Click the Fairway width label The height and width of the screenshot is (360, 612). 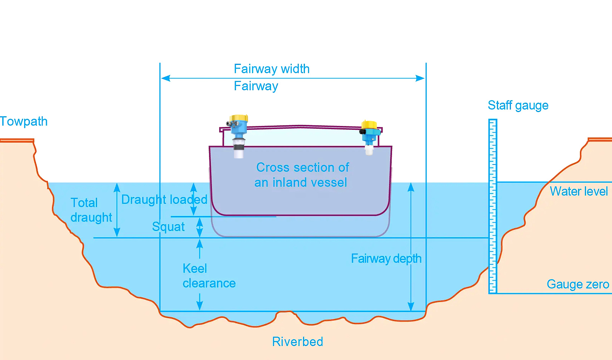(272, 69)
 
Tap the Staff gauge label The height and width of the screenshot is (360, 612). (518, 105)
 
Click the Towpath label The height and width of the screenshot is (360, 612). (24, 122)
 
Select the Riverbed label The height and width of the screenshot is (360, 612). (297, 342)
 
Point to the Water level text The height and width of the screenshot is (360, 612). (578, 191)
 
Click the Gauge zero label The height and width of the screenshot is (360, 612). (577, 284)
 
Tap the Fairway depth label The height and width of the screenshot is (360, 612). (386, 258)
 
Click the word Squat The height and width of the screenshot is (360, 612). (168, 227)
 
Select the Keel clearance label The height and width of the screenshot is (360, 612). (209, 276)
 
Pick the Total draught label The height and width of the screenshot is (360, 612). (91, 210)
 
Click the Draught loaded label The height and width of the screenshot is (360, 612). (164, 200)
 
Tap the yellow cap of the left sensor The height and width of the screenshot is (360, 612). (239, 118)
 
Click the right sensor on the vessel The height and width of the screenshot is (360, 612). (369, 136)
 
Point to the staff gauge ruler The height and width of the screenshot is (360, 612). (493, 206)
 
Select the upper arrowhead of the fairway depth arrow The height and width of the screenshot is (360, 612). (411, 187)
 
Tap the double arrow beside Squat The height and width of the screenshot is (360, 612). (200, 227)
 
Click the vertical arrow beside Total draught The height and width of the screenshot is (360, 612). (117, 210)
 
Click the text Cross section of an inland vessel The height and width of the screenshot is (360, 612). (301, 175)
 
